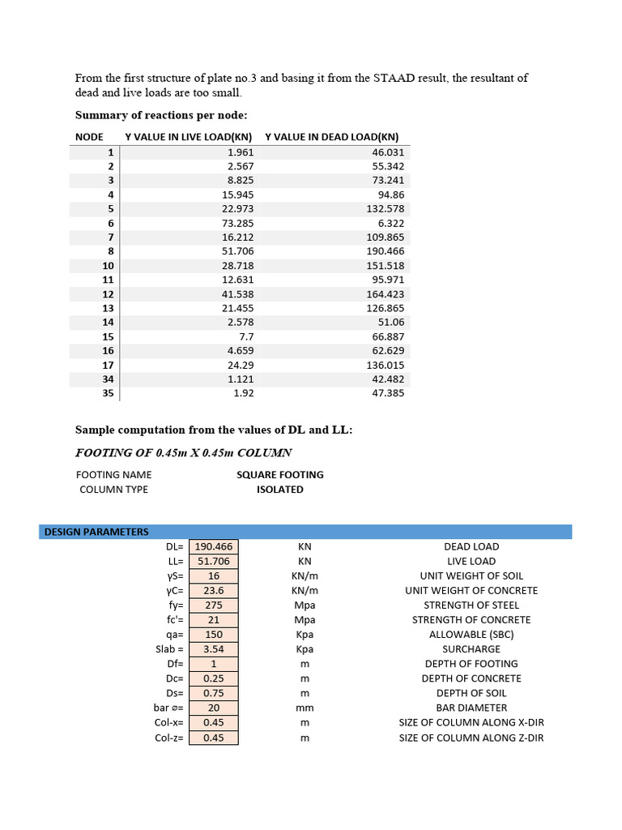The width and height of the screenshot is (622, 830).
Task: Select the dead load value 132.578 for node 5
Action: coord(384,208)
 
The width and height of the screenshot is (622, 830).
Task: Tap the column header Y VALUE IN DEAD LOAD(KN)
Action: coord(331,137)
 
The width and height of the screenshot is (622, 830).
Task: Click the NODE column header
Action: coord(89,137)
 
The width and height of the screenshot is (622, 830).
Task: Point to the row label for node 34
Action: coord(109,379)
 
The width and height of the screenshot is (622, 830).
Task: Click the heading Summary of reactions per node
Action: coord(161,115)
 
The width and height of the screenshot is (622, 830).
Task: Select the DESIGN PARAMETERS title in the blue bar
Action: coord(96,532)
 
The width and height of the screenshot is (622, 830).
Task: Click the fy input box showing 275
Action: coord(214,605)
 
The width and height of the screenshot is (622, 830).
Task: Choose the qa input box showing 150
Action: coord(214,635)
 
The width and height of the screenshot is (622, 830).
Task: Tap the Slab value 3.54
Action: coord(214,649)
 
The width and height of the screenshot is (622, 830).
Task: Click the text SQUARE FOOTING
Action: coord(279,475)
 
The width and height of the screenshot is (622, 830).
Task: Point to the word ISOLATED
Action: coord(279,490)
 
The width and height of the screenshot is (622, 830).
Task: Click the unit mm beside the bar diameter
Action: coord(305,708)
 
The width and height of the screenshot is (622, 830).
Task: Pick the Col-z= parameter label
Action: coord(168,738)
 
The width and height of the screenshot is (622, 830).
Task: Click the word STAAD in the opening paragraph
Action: coord(395,79)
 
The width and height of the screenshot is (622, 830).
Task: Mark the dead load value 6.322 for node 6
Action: coord(390,223)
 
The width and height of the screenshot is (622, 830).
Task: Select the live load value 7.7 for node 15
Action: coord(246,336)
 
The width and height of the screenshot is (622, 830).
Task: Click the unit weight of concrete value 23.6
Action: coord(214,591)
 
